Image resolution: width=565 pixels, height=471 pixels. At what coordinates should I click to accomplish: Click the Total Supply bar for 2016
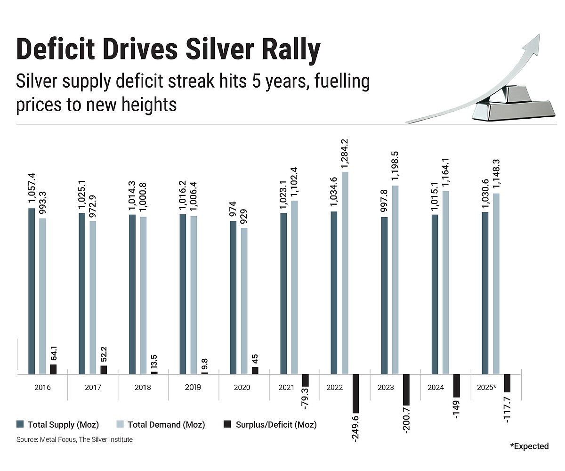[x=32, y=291]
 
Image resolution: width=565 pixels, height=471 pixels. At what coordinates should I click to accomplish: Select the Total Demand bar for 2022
[x=345, y=273]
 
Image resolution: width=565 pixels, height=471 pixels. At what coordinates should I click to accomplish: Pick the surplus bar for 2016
[x=53, y=369]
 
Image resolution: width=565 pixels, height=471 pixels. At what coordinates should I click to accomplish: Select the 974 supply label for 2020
[x=233, y=209]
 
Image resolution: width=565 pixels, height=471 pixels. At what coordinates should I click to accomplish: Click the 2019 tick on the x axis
[x=193, y=388]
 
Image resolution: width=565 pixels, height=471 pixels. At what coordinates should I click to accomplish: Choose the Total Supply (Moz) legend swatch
[x=20, y=424]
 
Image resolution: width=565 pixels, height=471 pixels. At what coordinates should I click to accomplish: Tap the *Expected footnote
[x=529, y=446]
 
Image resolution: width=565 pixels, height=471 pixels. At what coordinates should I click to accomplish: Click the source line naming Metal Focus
[x=74, y=439]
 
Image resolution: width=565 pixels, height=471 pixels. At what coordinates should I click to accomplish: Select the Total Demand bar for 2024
[x=446, y=283]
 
